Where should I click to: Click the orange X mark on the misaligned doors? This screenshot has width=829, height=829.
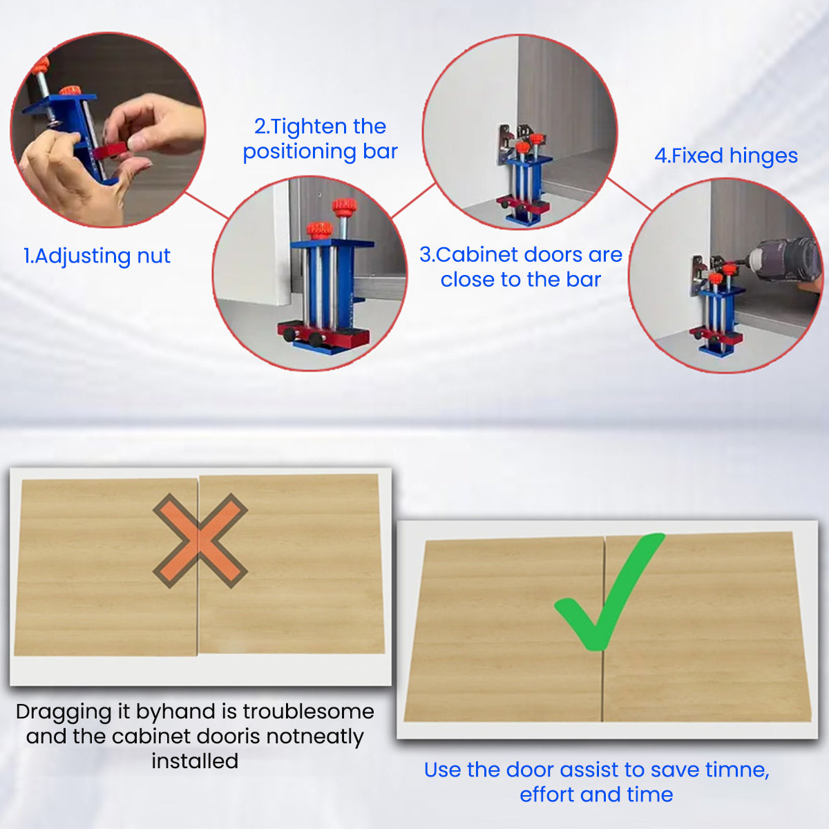pyautogui.click(x=200, y=540)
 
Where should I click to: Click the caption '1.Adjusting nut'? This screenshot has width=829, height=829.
pyautogui.click(x=97, y=256)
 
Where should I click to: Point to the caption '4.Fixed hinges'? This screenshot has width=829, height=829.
pyautogui.click(x=726, y=155)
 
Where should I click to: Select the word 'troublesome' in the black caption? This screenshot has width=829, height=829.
pyautogui.click(x=308, y=712)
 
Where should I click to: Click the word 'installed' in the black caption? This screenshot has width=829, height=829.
pyautogui.click(x=195, y=761)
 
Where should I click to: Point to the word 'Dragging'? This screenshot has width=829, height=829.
pyautogui.click(x=73, y=712)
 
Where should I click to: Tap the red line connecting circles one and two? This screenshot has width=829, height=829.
pyautogui.click(x=207, y=206)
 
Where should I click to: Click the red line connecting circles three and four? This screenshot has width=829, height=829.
pyautogui.click(x=629, y=194)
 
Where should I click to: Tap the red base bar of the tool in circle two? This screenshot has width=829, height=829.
pyautogui.click(x=323, y=334)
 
